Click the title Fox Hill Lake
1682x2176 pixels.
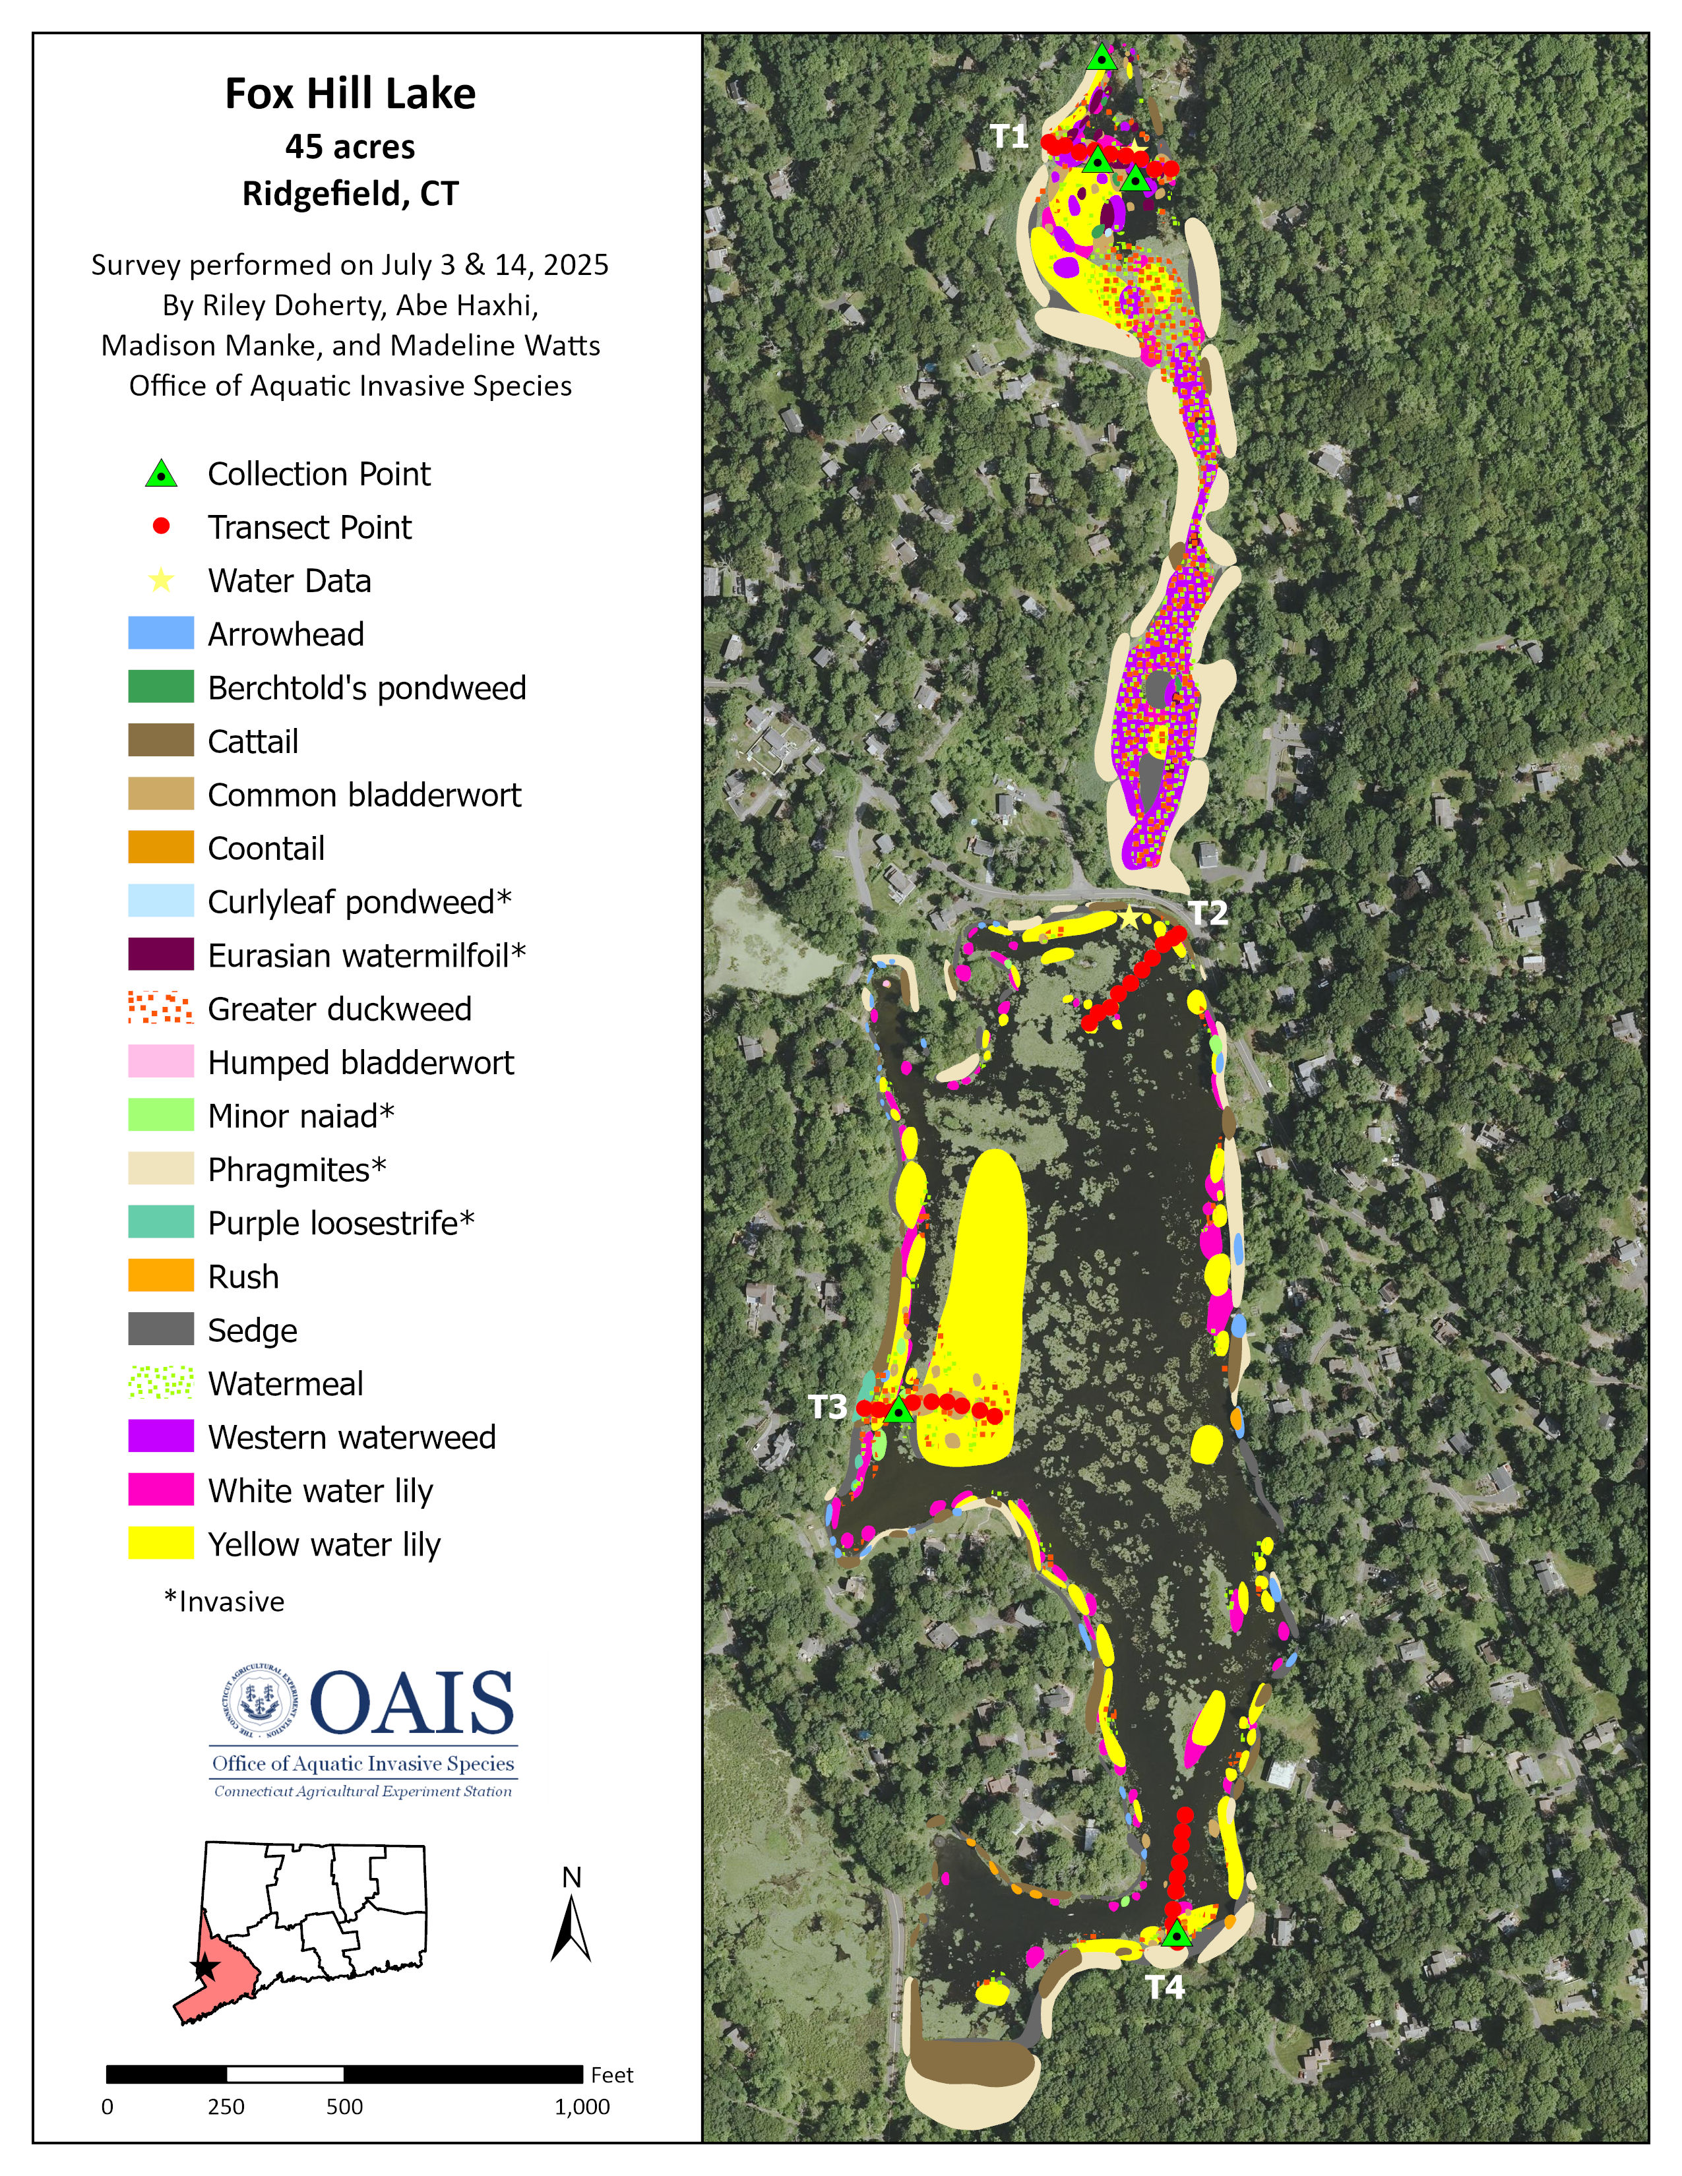(x=350, y=94)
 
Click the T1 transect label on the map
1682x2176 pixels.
(x=1009, y=136)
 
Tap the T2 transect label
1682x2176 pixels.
(x=1208, y=913)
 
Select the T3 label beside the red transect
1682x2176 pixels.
(x=827, y=1407)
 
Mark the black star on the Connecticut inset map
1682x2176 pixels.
(x=204, y=1967)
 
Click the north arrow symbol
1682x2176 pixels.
(x=571, y=1929)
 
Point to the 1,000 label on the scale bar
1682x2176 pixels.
(x=582, y=2106)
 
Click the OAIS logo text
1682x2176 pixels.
(x=412, y=1704)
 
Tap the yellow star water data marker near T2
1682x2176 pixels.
(x=1128, y=917)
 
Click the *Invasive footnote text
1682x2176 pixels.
(x=224, y=1601)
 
